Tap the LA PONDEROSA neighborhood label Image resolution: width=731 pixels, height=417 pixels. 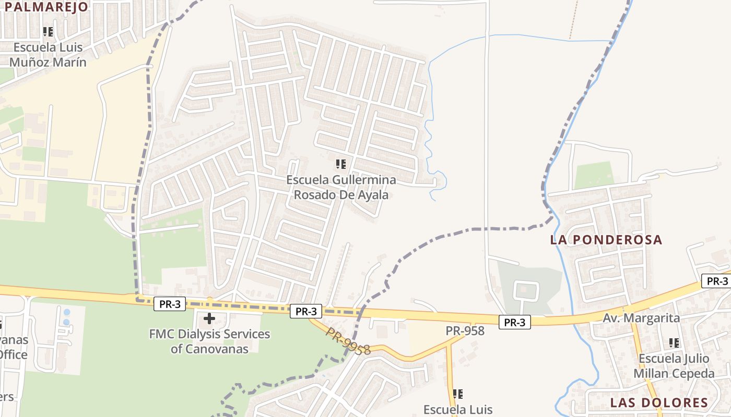point(606,240)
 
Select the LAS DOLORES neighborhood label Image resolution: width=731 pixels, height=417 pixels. point(659,402)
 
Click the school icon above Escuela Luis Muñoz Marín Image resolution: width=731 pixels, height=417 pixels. point(48,32)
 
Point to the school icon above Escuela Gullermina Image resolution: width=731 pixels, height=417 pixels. point(341,165)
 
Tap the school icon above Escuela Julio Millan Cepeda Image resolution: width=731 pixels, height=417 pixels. point(674,343)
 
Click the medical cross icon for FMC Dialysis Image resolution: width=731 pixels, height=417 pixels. point(209,318)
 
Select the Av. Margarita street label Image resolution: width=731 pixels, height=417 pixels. point(641,318)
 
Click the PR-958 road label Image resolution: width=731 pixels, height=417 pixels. point(465,330)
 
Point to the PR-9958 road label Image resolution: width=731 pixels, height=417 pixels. point(349,342)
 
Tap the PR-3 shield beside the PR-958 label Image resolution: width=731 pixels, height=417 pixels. point(514,323)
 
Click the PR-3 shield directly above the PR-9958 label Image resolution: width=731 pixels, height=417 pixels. point(306,312)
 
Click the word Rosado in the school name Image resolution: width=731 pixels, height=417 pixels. point(314,195)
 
